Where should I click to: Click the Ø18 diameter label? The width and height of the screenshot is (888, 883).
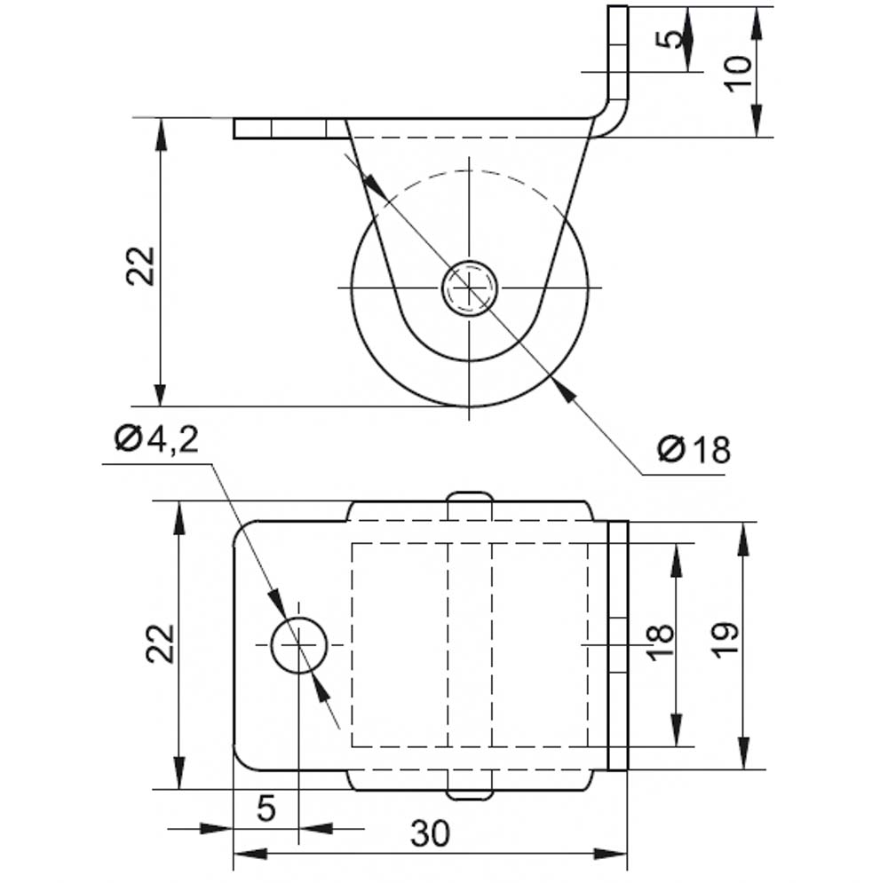click(x=694, y=450)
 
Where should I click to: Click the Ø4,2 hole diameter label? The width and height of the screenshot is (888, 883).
click(x=156, y=438)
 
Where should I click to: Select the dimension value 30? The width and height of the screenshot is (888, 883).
click(x=431, y=833)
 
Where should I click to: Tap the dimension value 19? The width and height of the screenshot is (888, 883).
click(x=725, y=640)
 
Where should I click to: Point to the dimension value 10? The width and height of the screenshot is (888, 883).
click(x=740, y=74)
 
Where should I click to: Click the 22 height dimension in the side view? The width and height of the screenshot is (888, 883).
click(x=140, y=266)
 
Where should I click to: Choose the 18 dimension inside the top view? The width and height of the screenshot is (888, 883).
click(x=660, y=643)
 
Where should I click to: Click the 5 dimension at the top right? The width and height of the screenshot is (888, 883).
click(x=673, y=40)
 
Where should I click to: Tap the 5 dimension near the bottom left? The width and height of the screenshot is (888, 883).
click(x=266, y=808)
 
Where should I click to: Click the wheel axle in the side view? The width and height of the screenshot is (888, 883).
click(x=470, y=288)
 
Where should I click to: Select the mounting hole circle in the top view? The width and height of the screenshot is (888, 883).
click(x=299, y=645)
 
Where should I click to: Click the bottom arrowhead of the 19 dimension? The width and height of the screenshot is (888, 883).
click(x=745, y=753)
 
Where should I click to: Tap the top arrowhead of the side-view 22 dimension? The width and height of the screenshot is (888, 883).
click(x=160, y=135)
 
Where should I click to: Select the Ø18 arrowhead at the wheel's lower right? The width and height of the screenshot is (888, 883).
click(x=565, y=389)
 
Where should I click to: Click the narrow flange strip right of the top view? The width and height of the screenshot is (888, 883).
click(x=618, y=645)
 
